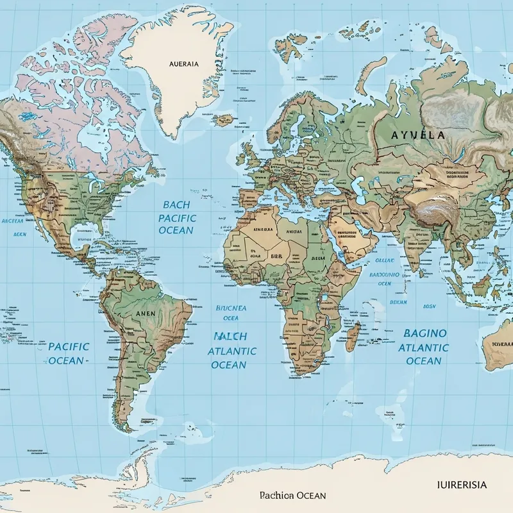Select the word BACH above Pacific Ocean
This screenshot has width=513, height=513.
click(x=176, y=205)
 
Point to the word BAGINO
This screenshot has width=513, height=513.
click(x=425, y=333)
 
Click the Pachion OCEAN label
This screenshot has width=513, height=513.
click(x=292, y=496)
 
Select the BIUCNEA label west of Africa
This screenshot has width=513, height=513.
click(x=231, y=308)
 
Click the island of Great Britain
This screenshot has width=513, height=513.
click(x=247, y=156)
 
